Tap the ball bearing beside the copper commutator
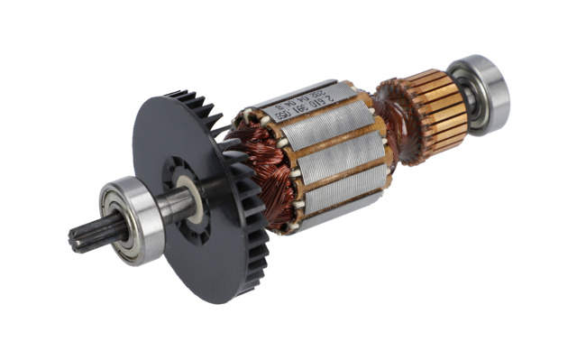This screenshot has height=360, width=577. point(481,93)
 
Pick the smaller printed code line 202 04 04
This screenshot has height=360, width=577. point(318,98)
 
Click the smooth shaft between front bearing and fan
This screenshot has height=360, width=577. point(175,207)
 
